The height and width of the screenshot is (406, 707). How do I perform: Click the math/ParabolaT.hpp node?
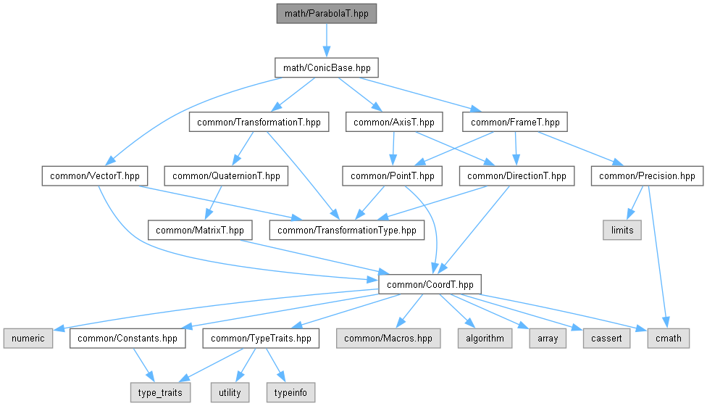(x=327, y=14)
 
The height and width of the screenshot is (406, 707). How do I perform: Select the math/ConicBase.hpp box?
(x=327, y=67)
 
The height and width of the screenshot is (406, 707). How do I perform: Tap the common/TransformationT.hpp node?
(x=259, y=122)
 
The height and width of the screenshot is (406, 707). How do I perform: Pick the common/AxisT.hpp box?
(x=394, y=122)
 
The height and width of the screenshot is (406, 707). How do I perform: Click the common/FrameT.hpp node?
(x=514, y=122)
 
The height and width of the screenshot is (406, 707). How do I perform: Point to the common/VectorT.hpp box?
(x=95, y=175)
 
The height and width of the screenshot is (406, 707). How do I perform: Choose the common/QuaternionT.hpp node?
(x=225, y=175)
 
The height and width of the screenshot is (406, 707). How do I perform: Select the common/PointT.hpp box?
(x=392, y=175)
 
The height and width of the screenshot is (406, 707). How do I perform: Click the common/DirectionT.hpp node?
(x=516, y=175)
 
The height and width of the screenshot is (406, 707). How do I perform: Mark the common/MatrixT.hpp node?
(x=200, y=230)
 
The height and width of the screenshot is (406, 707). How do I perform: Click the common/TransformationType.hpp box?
(x=346, y=230)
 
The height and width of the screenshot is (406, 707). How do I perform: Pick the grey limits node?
(x=622, y=230)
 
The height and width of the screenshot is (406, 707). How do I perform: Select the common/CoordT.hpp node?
(x=430, y=284)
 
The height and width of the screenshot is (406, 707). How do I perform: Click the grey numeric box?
(x=28, y=338)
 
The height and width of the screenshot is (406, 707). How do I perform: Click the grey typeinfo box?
(x=290, y=392)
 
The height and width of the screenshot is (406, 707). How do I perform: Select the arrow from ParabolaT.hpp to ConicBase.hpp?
(x=327, y=41)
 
